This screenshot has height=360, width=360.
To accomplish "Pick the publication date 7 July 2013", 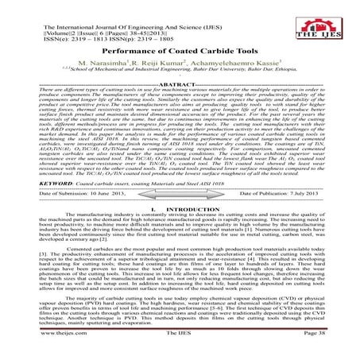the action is pyautogui.click(x=298, y=215).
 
